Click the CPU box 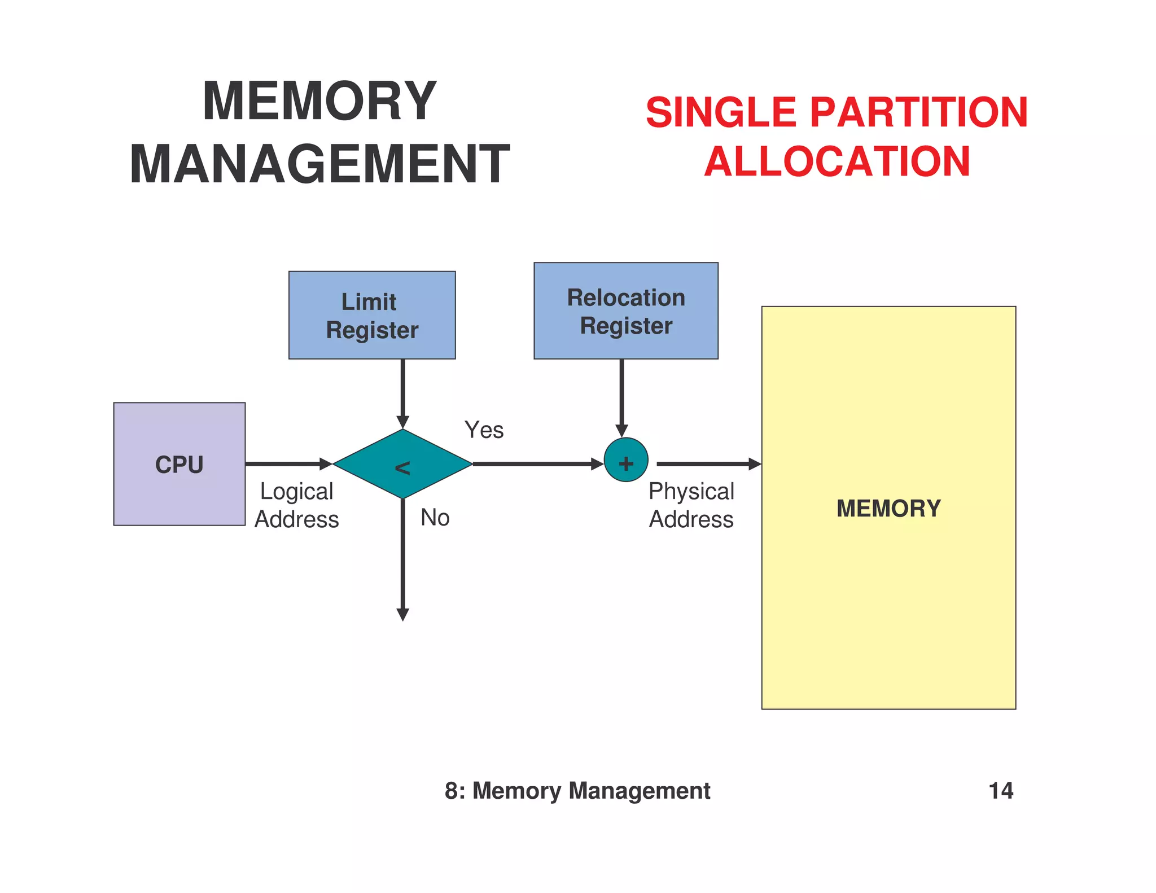point(179,464)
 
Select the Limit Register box point(372,315)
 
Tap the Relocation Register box point(625,311)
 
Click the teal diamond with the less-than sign point(402,464)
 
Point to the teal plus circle point(625,460)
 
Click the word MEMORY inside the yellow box point(888,508)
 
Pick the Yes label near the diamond point(484,430)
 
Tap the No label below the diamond point(435,518)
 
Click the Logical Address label point(296,505)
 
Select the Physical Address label point(691,505)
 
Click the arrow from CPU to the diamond point(288,464)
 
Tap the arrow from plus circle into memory point(708,464)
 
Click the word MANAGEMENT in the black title point(319,164)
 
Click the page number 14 point(1000,790)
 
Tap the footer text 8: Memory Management point(577,790)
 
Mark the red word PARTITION point(918,112)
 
